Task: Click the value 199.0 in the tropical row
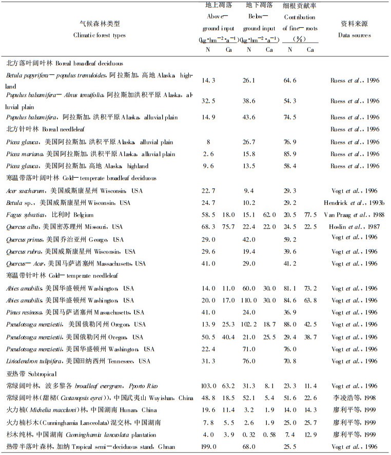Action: [207, 447]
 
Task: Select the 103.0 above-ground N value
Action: [207, 386]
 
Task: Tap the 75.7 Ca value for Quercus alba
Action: [228, 227]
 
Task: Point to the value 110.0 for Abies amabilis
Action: [249, 300]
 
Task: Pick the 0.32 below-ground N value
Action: [249, 434]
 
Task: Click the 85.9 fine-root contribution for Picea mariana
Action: [290, 154]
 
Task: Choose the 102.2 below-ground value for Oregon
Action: [249, 325]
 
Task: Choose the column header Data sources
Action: [354, 35]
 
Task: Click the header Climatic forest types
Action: [100, 35]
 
